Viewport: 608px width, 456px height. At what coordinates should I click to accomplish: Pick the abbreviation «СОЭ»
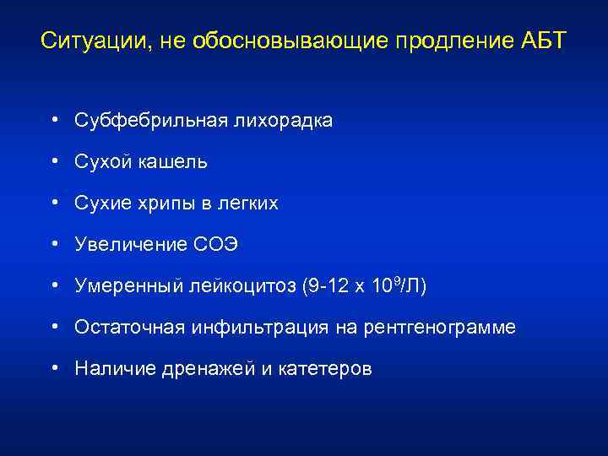coord(216,245)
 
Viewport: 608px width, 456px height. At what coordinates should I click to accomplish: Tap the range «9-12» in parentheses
coord(323,286)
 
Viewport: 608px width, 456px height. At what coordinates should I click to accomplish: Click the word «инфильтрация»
coord(245,328)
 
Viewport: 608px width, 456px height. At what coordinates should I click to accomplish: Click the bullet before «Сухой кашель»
coord(53,161)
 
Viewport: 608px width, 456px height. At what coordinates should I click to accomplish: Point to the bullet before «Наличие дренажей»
coord(53,368)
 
